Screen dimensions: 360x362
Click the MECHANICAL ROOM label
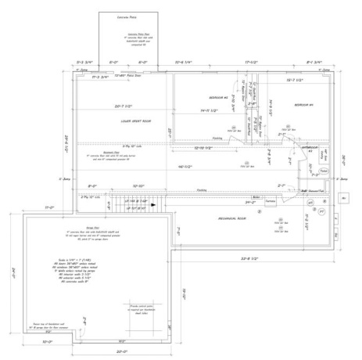[230, 217]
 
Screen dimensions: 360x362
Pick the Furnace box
[271, 203]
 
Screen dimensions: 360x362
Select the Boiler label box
[256, 197]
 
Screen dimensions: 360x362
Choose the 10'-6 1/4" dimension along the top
[185, 60]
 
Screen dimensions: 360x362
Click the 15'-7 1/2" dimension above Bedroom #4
[294, 80]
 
